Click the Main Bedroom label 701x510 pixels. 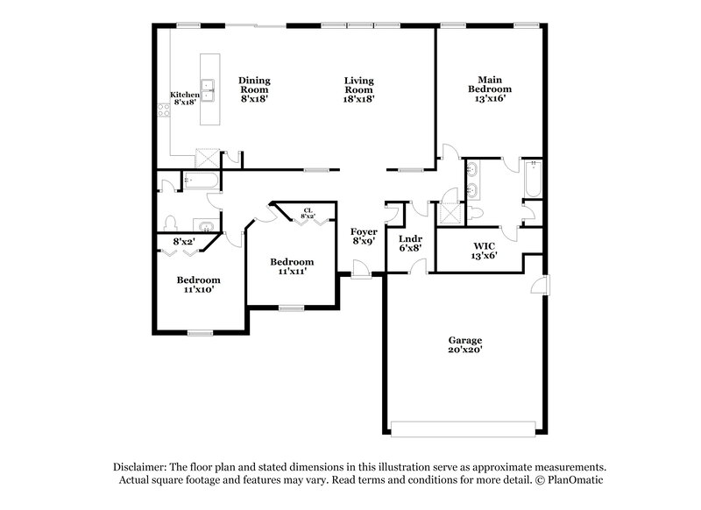click(489, 89)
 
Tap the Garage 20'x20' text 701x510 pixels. click(465, 344)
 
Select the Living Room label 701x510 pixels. click(359, 89)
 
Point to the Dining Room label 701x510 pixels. click(254, 89)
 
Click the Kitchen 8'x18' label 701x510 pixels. click(183, 99)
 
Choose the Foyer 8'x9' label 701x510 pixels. click(365, 237)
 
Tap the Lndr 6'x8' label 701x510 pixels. click(410, 243)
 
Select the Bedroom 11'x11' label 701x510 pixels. click(291, 267)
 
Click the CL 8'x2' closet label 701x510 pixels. click(308, 213)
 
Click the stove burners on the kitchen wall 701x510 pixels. click(162, 110)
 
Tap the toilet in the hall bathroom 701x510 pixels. click(172, 223)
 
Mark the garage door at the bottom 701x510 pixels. click(462, 429)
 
